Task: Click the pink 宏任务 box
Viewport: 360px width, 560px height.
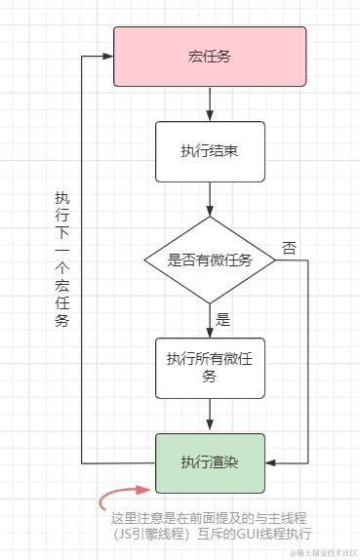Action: (x=210, y=57)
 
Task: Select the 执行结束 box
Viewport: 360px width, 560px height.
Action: (x=210, y=151)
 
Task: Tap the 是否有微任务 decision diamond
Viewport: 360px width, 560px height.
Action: (x=210, y=260)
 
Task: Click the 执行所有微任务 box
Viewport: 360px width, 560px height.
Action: (x=210, y=367)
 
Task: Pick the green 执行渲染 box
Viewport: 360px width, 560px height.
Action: (x=210, y=461)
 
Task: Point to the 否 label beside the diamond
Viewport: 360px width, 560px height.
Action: (x=289, y=248)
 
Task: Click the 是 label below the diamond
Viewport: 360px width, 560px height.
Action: (x=222, y=319)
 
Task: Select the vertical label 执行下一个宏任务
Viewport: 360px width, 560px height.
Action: (x=62, y=259)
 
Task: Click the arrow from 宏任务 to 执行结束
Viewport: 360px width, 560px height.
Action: (x=211, y=103)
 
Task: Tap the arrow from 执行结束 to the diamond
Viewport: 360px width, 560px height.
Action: (x=211, y=200)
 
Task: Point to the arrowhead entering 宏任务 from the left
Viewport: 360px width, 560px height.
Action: (x=108, y=57)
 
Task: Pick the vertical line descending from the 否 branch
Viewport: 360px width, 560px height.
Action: (x=307, y=361)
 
